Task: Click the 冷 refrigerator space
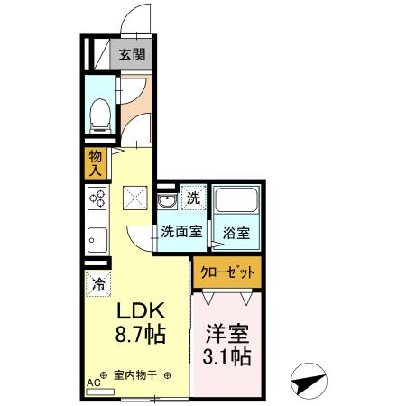(97, 282)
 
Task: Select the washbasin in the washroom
(167, 200)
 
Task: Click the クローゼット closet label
(227, 271)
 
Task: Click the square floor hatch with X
(134, 196)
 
